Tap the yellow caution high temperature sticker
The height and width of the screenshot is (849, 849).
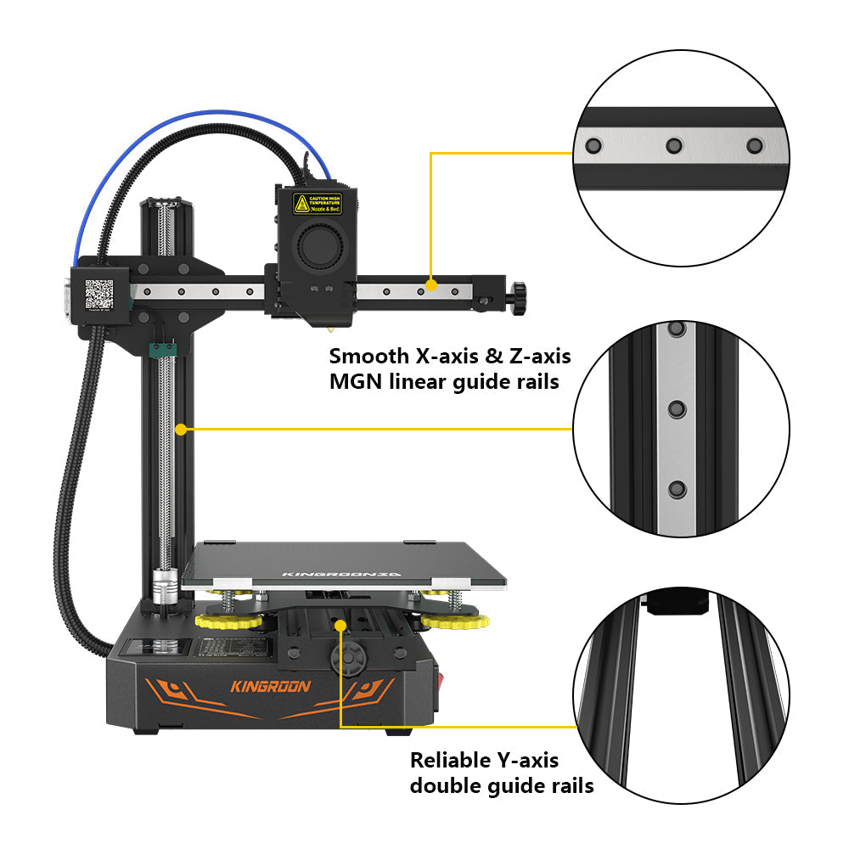pos(318,204)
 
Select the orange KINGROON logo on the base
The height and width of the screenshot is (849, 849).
pos(271,686)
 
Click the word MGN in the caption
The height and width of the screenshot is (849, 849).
pos(357,382)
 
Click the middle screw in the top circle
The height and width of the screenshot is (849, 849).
pos(674,146)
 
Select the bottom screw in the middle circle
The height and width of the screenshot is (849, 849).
pos(677,489)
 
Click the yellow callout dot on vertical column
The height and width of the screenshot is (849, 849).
pos(180,430)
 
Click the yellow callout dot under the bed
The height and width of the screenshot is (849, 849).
pos(340,625)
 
